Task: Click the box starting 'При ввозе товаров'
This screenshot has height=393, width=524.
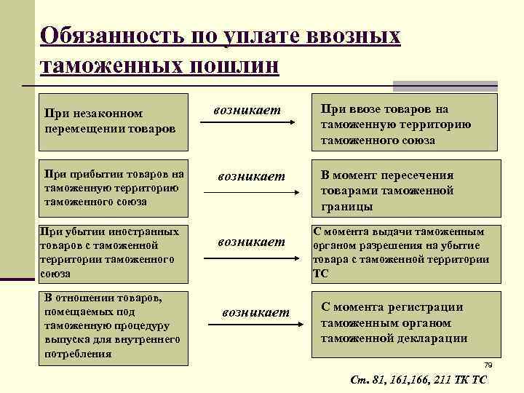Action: tap(405, 121)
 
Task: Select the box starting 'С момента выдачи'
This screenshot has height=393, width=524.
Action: tap(405, 253)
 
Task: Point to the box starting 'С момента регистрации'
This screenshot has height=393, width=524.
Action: tap(405, 323)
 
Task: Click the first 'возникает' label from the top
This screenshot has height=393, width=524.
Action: tap(247, 110)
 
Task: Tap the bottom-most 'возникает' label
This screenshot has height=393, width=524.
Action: tap(255, 312)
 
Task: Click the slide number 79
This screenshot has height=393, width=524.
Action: tap(488, 365)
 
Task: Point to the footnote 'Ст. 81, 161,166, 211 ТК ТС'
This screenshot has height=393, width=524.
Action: tap(418, 380)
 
